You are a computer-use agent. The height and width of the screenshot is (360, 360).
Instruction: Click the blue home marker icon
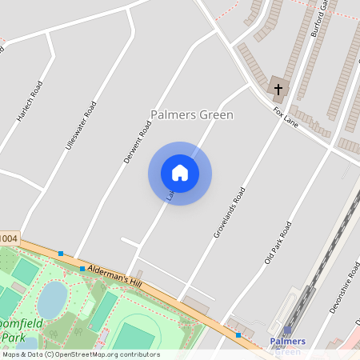click(180, 173)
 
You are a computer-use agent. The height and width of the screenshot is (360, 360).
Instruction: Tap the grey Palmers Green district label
click(192, 115)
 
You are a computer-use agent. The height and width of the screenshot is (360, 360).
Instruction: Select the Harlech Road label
click(29, 102)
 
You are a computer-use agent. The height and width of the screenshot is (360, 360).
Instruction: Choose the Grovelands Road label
click(229, 213)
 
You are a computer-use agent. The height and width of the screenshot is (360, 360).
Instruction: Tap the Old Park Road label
click(278, 243)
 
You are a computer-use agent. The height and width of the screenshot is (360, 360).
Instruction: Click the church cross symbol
click(278, 88)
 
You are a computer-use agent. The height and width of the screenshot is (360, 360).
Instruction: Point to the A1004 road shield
click(8, 238)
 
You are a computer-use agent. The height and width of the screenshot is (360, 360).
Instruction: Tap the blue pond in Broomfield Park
click(52, 299)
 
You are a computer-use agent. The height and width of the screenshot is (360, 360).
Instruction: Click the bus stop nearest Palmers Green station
click(238, 334)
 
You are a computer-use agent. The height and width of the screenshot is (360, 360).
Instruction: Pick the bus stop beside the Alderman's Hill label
click(82, 269)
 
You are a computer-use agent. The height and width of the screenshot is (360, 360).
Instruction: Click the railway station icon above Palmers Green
click(287, 330)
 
